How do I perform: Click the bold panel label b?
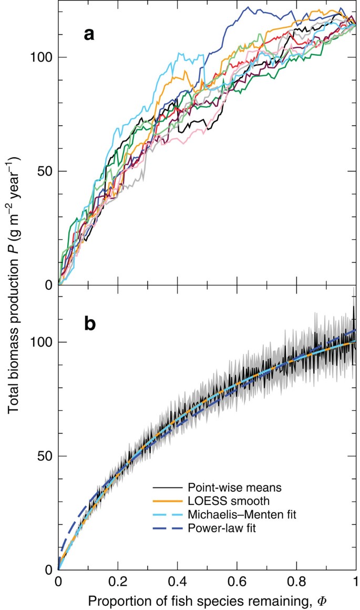click(x=90, y=324)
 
